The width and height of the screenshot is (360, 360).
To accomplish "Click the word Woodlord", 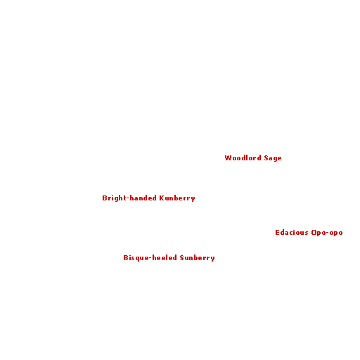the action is (243, 157).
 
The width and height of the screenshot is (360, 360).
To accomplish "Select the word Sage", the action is (273, 158).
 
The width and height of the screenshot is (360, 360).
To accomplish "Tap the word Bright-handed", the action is (129, 198).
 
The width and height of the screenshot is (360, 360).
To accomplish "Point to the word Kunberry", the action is (177, 198).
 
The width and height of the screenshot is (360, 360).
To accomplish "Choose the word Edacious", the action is (292, 233).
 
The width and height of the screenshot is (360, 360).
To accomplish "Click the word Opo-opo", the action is (327, 233).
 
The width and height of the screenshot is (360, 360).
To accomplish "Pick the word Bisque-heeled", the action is (150, 258).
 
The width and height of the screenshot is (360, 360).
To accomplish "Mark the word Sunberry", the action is (197, 258).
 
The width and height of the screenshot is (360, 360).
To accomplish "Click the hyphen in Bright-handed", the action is (128, 199).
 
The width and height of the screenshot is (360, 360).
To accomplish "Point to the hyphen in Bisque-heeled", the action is (150, 258).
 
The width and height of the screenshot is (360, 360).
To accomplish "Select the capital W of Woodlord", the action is (228, 158).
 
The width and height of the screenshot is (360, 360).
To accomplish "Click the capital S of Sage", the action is (266, 158).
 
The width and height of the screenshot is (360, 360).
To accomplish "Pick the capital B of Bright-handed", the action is (105, 198).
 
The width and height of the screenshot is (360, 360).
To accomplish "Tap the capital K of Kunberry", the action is (162, 198).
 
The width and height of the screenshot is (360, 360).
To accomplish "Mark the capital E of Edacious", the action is (277, 233).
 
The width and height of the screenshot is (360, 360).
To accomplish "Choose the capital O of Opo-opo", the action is (314, 233).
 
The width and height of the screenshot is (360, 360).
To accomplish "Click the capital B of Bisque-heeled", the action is (126, 258).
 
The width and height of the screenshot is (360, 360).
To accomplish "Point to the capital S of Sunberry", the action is (182, 258).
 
